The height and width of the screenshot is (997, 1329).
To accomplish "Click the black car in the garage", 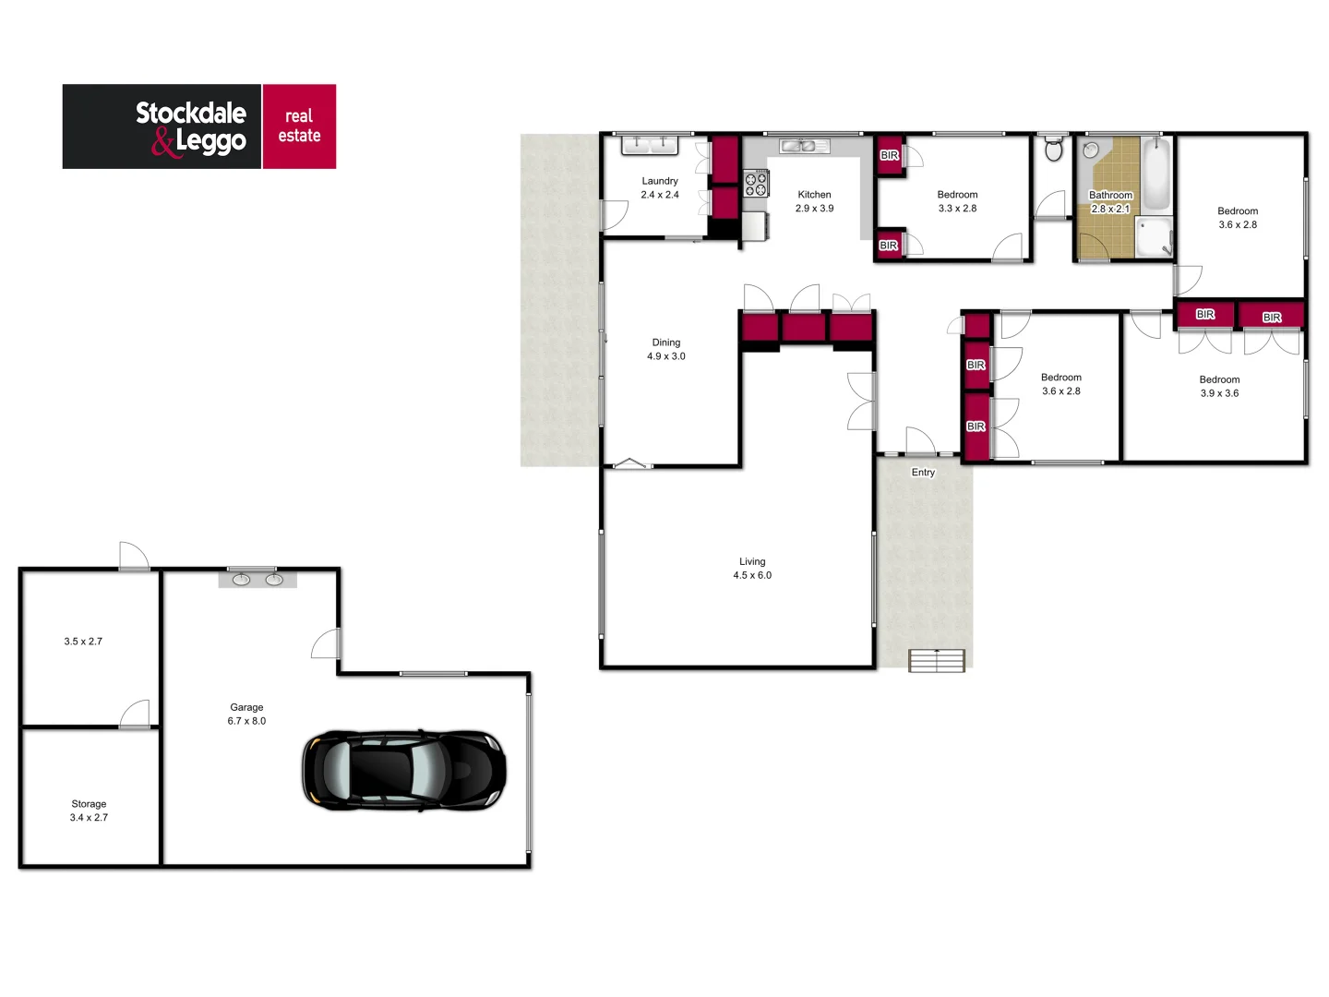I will [x=403, y=771].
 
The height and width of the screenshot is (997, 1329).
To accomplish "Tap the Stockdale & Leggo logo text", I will [x=191, y=126].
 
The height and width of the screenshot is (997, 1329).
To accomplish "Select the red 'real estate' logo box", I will [x=299, y=126].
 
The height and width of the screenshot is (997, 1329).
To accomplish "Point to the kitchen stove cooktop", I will [x=756, y=184].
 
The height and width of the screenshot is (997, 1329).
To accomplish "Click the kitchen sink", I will [x=803, y=146].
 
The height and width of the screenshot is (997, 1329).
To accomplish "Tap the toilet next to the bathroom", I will [x=1053, y=149].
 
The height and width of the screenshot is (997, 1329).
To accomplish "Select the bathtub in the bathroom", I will [x=1155, y=174].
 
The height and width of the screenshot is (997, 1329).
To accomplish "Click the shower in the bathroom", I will [x=1154, y=236].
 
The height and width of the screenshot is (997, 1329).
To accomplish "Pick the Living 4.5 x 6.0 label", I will [x=752, y=568].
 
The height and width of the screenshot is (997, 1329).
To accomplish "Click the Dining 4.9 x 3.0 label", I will [x=666, y=349].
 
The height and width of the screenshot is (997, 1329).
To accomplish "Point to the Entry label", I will [x=923, y=473].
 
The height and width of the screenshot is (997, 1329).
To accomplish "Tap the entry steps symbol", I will [x=937, y=660].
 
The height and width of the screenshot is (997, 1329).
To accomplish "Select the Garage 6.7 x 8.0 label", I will [x=246, y=714].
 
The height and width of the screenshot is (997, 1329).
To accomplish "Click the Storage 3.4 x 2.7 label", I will [x=89, y=811].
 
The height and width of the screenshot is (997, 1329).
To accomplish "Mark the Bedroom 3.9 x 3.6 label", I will [x=1219, y=386].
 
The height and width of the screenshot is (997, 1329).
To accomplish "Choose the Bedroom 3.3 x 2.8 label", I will [x=957, y=201].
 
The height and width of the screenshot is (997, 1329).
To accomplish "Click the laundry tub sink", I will [x=650, y=144].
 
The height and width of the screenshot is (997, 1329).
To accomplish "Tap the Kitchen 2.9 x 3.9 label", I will [x=814, y=201].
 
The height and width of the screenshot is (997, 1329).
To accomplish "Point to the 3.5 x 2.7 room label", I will [x=83, y=641].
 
